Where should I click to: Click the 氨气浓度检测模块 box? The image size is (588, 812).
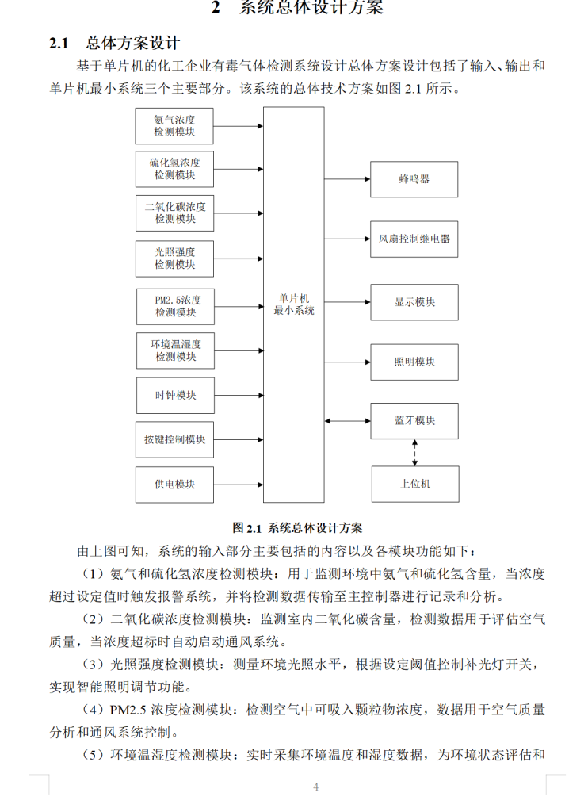(x=174, y=126)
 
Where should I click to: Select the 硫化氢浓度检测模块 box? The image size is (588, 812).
(x=174, y=169)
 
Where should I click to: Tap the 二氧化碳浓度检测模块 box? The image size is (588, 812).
(x=174, y=213)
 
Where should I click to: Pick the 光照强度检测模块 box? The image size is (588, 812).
(x=174, y=259)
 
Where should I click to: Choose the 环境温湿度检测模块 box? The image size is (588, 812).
(x=174, y=350)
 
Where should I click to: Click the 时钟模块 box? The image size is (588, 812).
(x=174, y=395)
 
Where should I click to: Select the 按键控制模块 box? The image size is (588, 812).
(x=174, y=440)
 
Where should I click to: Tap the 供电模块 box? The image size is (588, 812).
(x=174, y=484)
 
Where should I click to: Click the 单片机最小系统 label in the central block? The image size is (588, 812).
(x=293, y=304)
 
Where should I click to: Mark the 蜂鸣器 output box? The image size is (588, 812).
(x=414, y=179)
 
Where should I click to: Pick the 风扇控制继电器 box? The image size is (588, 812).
(x=414, y=239)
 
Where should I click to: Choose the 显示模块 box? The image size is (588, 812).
(x=414, y=302)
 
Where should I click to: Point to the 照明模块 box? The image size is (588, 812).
(x=414, y=362)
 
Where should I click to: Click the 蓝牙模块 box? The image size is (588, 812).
(x=414, y=420)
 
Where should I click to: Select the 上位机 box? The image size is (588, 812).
(x=414, y=483)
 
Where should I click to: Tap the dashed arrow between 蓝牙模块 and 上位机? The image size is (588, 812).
(x=414, y=452)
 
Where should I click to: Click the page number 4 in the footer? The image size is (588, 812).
(x=315, y=787)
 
